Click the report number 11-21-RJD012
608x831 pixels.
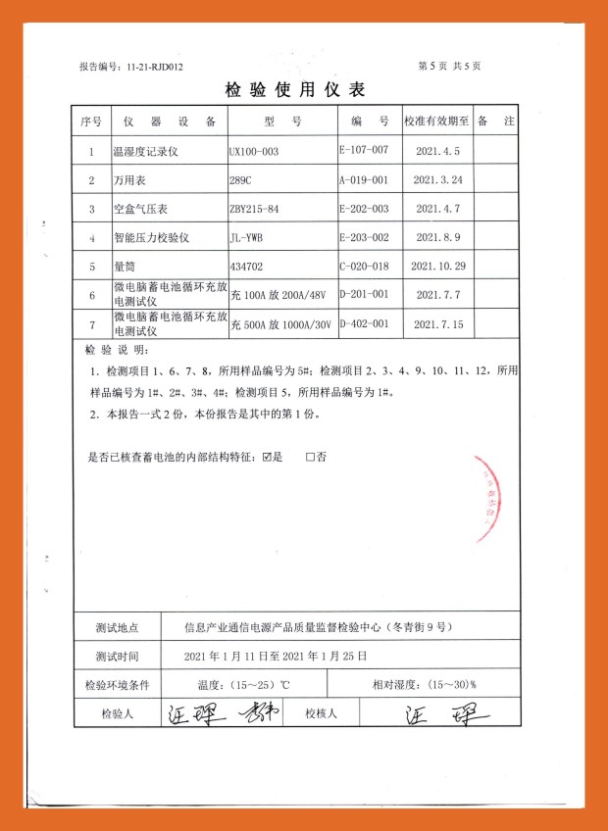131,67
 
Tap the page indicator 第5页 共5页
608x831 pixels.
449,67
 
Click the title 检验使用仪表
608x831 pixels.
295,91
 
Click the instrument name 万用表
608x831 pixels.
129,180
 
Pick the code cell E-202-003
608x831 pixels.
364,209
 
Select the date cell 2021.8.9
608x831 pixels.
437,237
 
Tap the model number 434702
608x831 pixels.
247,266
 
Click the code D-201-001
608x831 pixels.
364,293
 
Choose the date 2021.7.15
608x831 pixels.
437,323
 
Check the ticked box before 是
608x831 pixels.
268,458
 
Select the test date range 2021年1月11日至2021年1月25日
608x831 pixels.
276,655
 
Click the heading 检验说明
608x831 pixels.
116,350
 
